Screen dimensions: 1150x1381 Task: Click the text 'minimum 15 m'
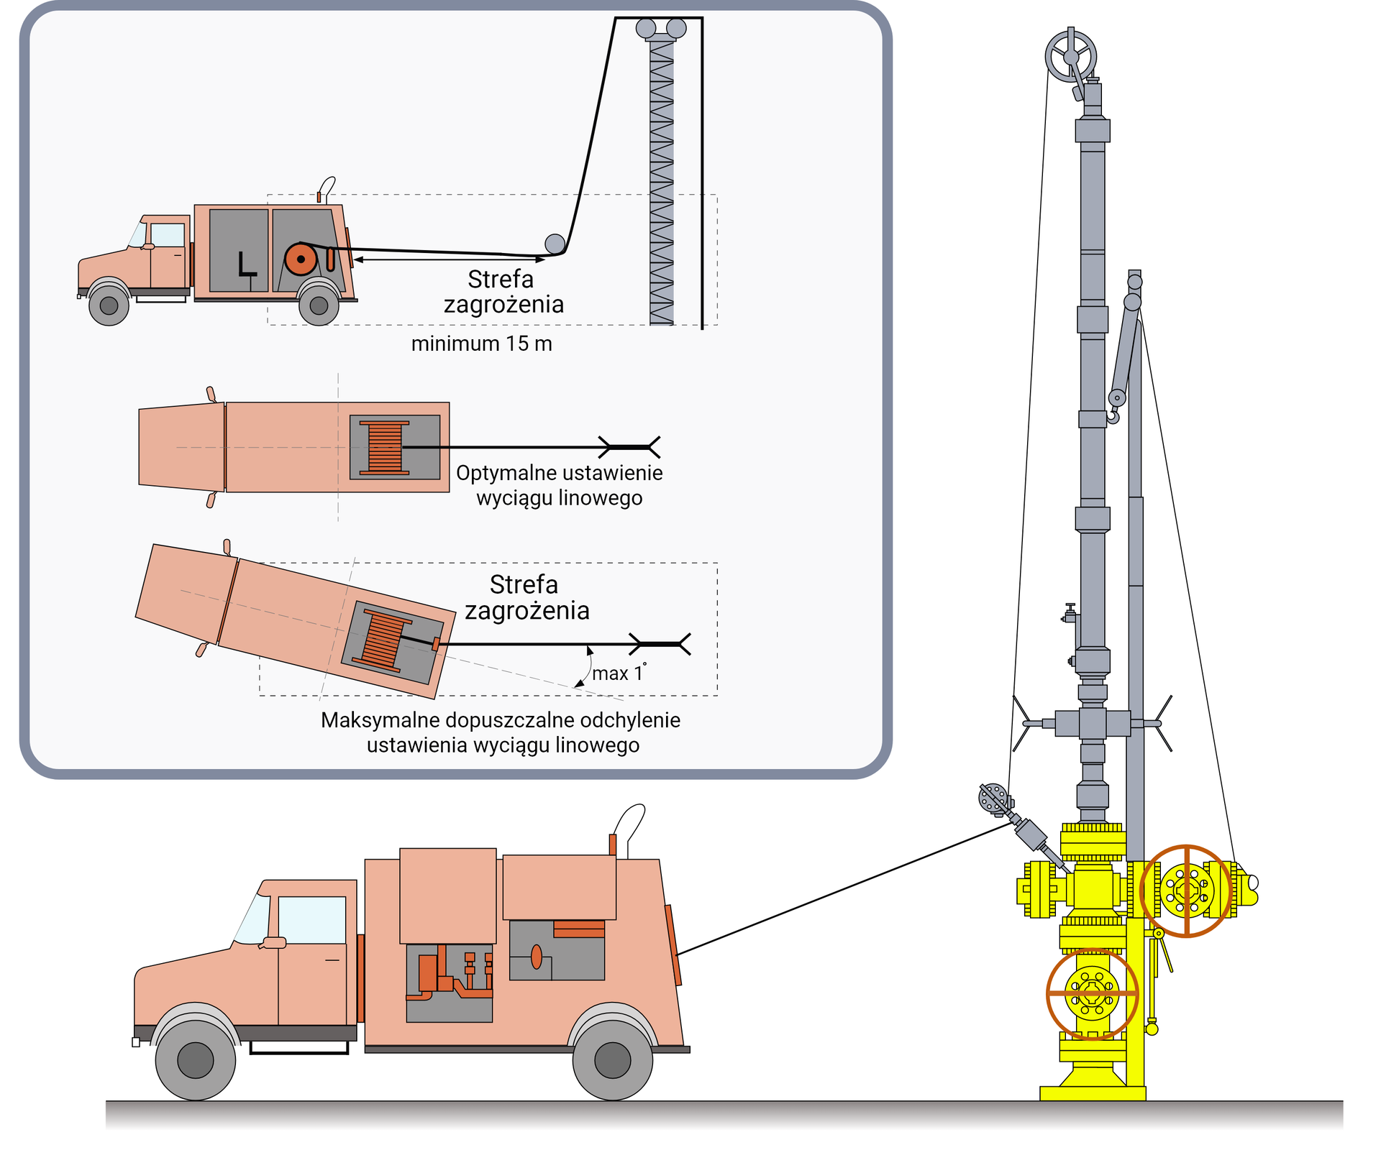[481, 344]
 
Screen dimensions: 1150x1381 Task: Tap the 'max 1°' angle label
[618, 673]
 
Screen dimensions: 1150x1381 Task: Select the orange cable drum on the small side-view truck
[301, 259]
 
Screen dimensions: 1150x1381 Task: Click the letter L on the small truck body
[247, 264]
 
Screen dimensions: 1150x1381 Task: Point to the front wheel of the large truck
[195, 1060]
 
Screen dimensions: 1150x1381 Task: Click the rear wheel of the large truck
[612, 1060]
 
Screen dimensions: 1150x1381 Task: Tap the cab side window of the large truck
[311, 919]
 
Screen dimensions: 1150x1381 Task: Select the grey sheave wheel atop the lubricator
[1070, 57]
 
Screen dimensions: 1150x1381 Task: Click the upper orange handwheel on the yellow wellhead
[1186, 891]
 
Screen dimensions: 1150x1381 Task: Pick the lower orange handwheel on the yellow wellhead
[1092, 994]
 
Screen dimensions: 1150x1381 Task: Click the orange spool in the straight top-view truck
[385, 447]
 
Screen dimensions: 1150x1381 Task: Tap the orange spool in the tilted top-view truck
[383, 639]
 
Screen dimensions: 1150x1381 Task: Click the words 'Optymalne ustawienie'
[559, 473]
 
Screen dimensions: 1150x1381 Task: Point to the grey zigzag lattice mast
[661, 180]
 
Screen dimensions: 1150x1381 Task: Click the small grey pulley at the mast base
[555, 244]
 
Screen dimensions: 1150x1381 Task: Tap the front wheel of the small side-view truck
[109, 305]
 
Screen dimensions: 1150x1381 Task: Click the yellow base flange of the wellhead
[1092, 1093]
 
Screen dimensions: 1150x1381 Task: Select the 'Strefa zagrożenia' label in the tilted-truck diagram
[525, 597]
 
